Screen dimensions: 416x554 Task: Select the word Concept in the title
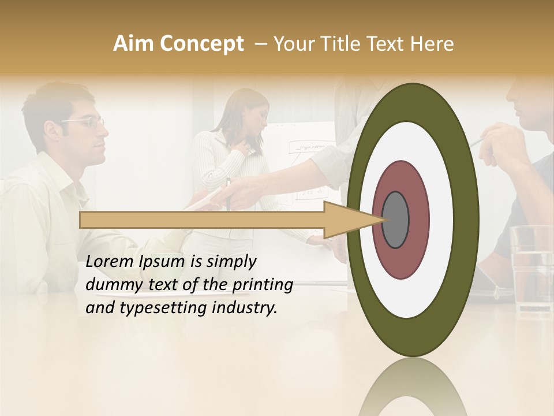200,44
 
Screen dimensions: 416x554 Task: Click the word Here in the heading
432,44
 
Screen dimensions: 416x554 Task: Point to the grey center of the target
395,220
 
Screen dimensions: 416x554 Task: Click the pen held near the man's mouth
477,142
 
